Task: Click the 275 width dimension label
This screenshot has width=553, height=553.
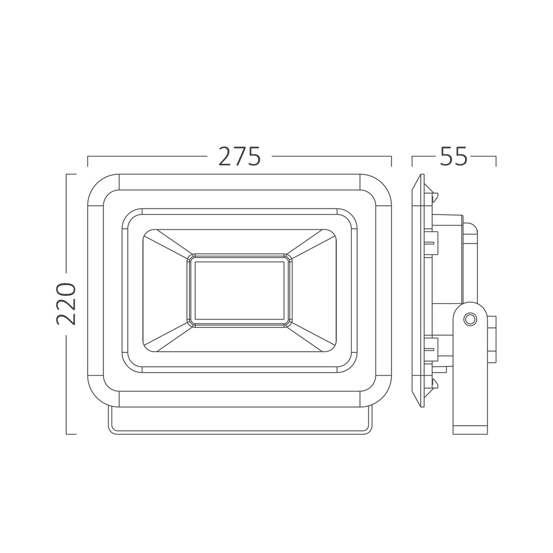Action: click(239, 156)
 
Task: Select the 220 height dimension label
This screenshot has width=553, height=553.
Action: click(66, 304)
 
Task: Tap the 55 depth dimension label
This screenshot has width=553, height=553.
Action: click(453, 156)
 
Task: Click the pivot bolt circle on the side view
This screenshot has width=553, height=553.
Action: click(469, 320)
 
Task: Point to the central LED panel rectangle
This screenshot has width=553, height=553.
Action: click(239, 290)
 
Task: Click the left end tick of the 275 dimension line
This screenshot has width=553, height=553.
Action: click(88, 161)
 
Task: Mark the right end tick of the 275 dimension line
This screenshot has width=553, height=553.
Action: click(392, 161)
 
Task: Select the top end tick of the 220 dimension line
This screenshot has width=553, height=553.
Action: click(71, 174)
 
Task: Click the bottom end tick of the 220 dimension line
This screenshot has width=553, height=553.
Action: click(71, 434)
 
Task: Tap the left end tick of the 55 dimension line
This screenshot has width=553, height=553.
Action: click(413, 161)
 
